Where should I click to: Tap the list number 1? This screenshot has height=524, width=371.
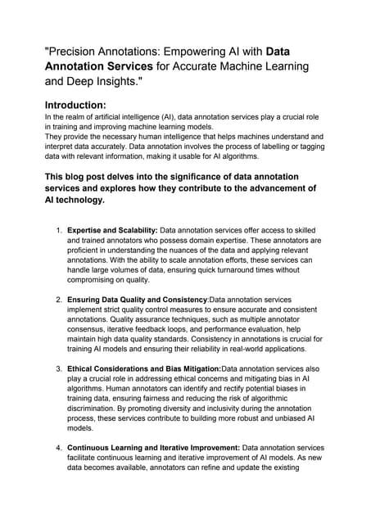tap(58, 230)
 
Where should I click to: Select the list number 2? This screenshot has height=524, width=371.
tap(58, 300)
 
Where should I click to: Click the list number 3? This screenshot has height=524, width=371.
tap(58, 368)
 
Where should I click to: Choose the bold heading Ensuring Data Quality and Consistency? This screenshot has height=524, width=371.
tap(138, 300)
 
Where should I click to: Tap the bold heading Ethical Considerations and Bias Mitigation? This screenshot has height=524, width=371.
tap(143, 368)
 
